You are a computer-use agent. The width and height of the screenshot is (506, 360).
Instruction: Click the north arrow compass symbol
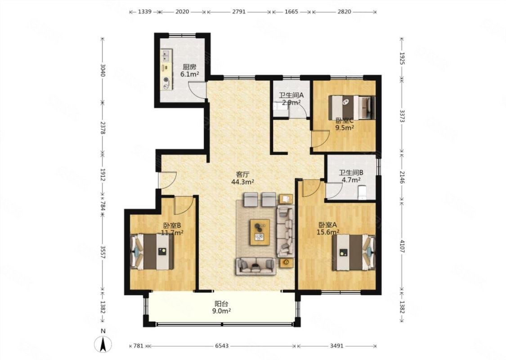[103, 344]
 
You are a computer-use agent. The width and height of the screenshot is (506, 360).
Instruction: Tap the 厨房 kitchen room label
[189, 67]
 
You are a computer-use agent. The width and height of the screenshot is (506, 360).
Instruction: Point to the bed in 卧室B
[152, 252]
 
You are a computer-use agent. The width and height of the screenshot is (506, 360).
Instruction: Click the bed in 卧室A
[354, 252]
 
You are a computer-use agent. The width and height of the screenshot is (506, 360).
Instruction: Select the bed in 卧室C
[352, 108]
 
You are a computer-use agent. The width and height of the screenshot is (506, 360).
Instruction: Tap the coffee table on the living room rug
[260, 232]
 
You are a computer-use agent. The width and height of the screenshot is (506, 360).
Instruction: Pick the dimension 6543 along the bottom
[222, 346]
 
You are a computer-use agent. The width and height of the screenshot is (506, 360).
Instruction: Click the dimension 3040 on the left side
[103, 70]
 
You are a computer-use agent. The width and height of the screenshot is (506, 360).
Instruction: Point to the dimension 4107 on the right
[402, 246]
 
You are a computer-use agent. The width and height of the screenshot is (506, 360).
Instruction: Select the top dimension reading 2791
[239, 12]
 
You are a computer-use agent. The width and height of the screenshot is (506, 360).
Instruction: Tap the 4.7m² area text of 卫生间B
[351, 180]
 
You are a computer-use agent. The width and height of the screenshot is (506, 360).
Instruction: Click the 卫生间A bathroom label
[291, 95]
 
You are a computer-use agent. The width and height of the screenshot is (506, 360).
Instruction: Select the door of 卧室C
[320, 139]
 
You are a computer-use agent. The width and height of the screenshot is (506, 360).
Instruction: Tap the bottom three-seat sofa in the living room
[255, 266]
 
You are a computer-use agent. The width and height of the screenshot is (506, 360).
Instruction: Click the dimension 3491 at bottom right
[336, 346]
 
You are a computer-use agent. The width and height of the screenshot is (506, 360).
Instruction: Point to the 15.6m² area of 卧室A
[329, 232]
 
